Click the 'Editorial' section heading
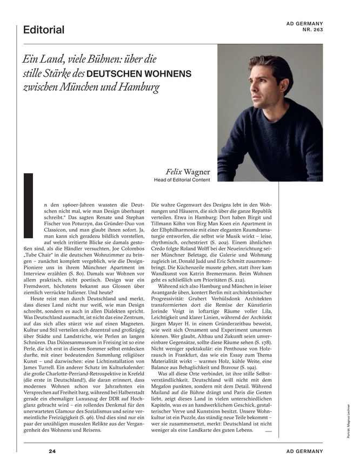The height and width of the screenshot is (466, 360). tap(44, 30)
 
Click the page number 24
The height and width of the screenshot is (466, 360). tap(52, 451)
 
